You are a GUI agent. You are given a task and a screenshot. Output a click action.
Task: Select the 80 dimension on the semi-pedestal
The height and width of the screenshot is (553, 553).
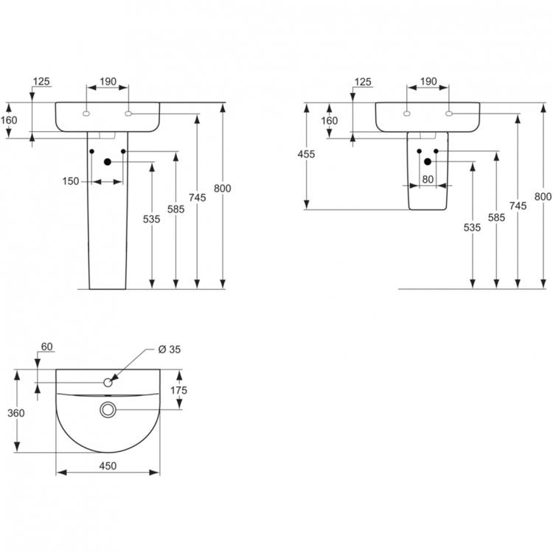tap(428, 178)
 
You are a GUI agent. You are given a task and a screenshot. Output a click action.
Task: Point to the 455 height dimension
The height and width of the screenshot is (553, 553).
tap(306, 154)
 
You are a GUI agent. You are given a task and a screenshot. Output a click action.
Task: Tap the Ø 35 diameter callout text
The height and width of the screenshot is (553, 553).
tap(170, 349)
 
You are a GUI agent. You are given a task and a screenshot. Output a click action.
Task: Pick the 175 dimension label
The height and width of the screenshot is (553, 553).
tap(179, 390)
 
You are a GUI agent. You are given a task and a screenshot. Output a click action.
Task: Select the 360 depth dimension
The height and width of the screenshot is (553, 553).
tap(15, 413)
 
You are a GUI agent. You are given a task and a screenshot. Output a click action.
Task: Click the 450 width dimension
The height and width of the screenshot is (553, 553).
tap(108, 465)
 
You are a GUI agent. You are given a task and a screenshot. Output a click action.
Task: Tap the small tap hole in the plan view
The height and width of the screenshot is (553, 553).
tap(108, 382)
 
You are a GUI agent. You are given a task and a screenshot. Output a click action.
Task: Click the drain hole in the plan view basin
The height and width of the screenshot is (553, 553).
tap(108, 408)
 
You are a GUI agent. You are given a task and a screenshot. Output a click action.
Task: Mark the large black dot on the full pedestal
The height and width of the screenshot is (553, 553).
tap(108, 162)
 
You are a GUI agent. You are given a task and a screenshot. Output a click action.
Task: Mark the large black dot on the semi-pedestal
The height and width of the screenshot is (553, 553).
tap(428, 161)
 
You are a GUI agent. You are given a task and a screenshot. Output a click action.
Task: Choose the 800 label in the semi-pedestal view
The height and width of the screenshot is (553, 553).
tap(543, 197)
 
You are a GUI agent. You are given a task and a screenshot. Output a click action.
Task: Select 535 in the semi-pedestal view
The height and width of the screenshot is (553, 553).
tap(472, 228)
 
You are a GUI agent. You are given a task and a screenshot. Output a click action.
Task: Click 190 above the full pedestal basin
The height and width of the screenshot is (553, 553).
tap(108, 82)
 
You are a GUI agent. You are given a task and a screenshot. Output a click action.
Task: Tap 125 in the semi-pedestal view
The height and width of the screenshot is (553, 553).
tap(363, 82)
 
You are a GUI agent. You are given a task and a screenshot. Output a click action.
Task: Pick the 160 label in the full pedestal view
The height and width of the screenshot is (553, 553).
tap(9, 120)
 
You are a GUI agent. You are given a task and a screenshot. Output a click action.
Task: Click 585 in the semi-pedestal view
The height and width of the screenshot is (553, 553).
tap(496, 218)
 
